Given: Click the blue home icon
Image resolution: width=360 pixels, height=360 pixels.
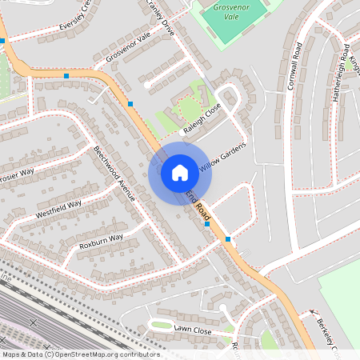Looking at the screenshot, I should point(180,172).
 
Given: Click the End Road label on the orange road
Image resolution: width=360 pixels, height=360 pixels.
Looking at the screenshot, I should point(198,206).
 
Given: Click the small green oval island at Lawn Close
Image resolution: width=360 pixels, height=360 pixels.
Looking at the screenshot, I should point(162,326).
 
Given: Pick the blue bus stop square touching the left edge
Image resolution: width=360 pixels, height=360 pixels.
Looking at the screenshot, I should point(2,40).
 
